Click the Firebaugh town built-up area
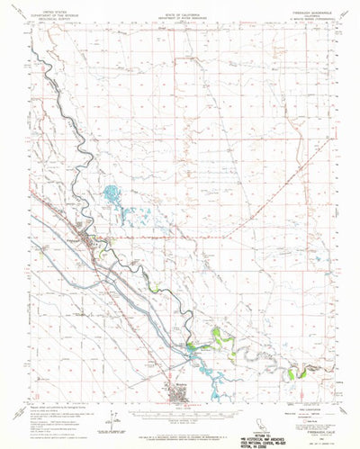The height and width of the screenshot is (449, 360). tap(90, 240)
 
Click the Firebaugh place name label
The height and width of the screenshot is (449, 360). tap(72, 239)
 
